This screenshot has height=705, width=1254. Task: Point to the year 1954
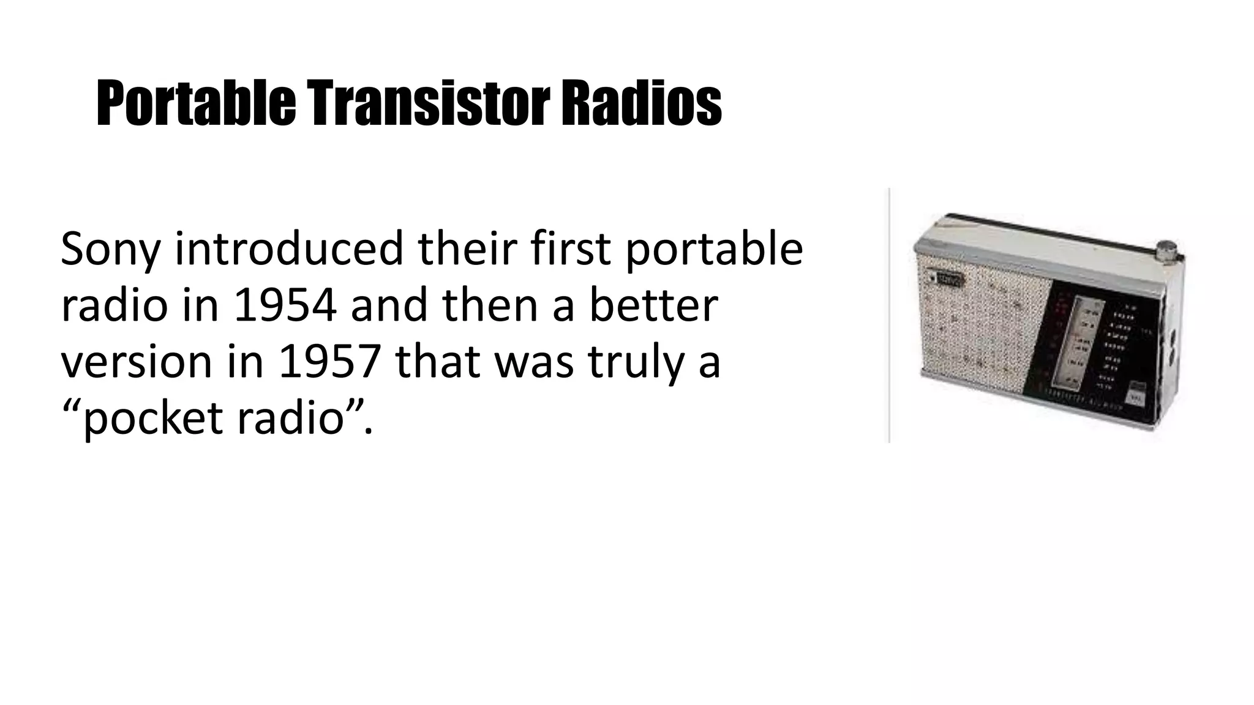tap(285, 306)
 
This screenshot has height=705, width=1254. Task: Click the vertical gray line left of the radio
tap(889, 315)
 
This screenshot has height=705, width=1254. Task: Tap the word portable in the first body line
tap(713, 250)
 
